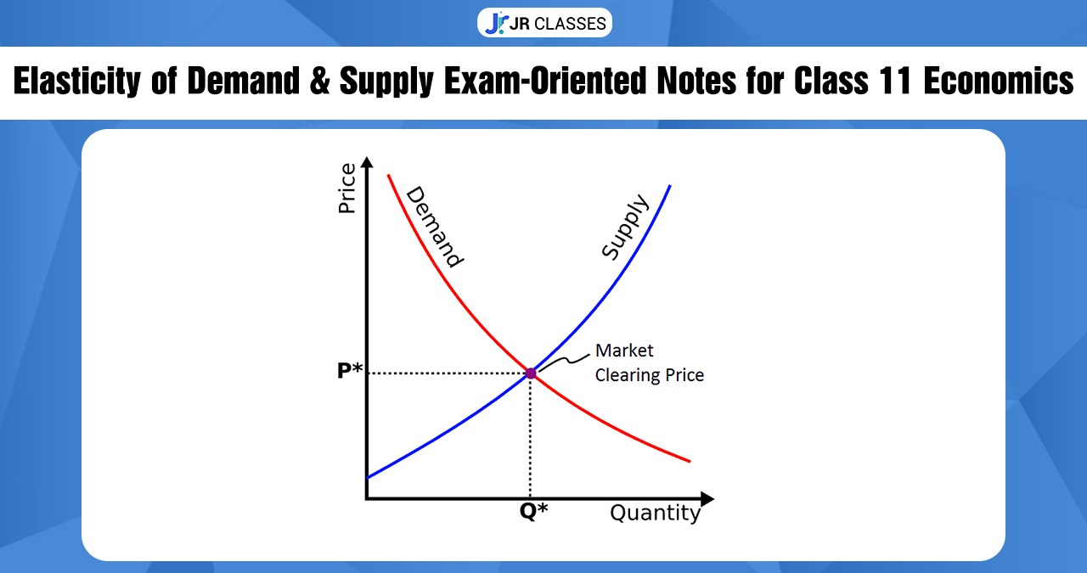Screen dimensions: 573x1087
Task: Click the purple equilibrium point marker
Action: (x=531, y=373)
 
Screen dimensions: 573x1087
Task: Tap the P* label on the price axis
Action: (x=350, y=372)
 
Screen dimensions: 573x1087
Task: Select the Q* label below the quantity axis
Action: (x=533, y=512)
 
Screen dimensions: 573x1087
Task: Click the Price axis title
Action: (x=347, y=188)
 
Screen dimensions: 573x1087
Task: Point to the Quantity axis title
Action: (x=656, y=514)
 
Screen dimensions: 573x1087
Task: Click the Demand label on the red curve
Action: (x=434, y=227)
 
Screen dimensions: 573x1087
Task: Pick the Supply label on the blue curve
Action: (x=625, y=227)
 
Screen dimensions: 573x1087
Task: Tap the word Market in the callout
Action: (x=624, y=351)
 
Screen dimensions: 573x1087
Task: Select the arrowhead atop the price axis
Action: (x=366, y=162)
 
